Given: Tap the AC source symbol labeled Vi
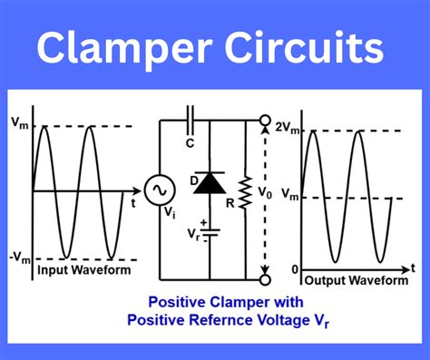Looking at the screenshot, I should tap(160, 191).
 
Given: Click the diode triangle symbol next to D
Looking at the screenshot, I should tap(210, 182).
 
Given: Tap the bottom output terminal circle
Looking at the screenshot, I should tap(266, 277).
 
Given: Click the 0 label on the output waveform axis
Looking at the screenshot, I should tap(294, 270).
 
